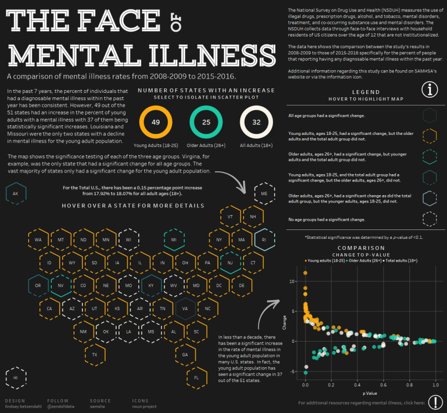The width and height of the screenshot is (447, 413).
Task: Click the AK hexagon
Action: pos(15,194)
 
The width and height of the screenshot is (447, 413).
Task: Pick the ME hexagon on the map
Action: pos(264,194)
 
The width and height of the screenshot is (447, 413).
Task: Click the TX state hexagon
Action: pos(94,354)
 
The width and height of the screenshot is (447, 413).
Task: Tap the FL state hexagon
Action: pos(196,377)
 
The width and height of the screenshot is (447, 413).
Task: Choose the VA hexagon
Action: pos(185,309)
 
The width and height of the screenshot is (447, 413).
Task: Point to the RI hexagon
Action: pos(264,239)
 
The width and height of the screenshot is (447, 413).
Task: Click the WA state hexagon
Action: pos(38,239)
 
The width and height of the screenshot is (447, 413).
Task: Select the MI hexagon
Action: pos(173,239)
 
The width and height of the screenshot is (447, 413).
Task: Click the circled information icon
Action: pos(430,89)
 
